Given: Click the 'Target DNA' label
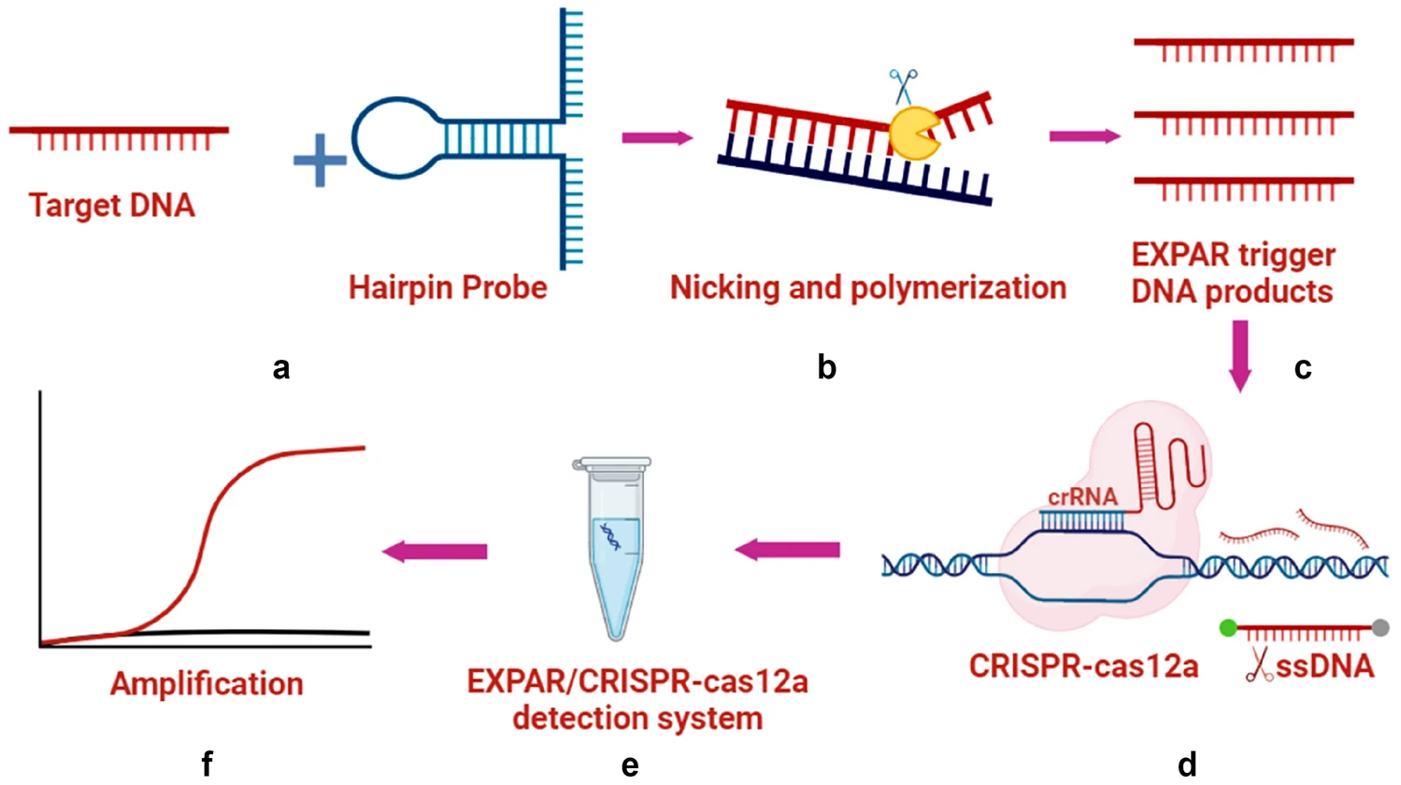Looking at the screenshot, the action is (112, 206).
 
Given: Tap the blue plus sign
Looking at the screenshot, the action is (320, 160).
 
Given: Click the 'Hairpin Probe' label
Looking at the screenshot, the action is (448, 288).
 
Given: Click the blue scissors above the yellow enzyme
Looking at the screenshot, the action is (904, 86).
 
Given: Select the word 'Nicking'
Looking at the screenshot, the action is (724, 289).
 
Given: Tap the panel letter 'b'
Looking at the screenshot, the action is (826, 367).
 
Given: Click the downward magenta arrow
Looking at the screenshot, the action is (1239, 356).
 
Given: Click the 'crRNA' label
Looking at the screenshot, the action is (1082, 496).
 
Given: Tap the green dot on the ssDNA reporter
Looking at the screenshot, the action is (1228, 628).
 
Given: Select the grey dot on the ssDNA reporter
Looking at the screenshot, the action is (1380, 627).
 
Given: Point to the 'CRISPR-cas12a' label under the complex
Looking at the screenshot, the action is (1084, 666).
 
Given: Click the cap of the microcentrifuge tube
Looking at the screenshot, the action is (611, 464).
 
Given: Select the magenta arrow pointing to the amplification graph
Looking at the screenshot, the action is (435, 551).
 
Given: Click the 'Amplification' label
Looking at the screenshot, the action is (207, 684).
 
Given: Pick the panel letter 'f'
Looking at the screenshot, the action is (207, 764).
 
